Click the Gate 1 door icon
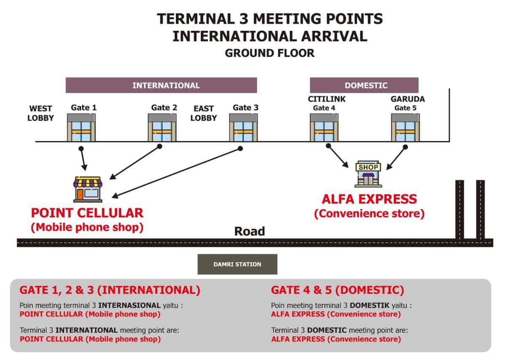(81, 128)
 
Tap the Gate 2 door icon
(162, 128)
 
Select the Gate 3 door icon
(243, 128)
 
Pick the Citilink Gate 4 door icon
(324, 128)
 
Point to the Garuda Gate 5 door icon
(406, 128)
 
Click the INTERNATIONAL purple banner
(161, 86)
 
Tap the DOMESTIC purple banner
(364, 86)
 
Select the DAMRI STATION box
(237, 264)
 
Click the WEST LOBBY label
(40, 113)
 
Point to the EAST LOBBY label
(204, 113)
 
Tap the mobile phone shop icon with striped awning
(88, 189)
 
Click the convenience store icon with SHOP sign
(369, 174)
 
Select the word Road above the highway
(250, 231)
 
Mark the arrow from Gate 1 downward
(83, 159)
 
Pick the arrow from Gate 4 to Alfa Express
(337, 156)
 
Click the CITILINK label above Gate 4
(327, 99)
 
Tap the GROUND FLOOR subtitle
(270, 53)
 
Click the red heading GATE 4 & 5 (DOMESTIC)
(337, 290)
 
